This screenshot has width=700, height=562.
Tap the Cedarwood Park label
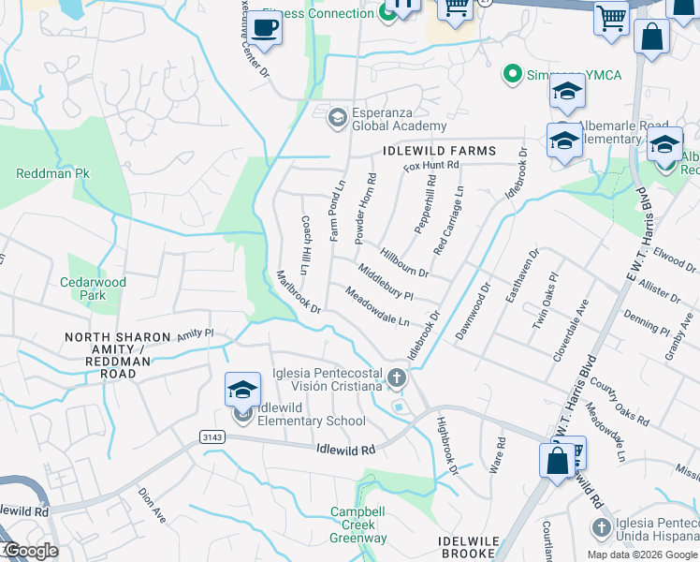(93, 288)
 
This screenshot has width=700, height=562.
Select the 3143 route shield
(211, 436)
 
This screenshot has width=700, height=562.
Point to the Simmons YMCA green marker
(512, 73)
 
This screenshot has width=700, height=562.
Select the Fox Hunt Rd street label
(431, 166)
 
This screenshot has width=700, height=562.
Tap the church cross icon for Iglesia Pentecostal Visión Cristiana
(397, 379)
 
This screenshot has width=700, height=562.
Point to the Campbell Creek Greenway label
(358, 525)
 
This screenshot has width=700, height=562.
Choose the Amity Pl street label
(196, 333)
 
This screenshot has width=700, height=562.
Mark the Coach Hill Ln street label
(304, 240)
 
